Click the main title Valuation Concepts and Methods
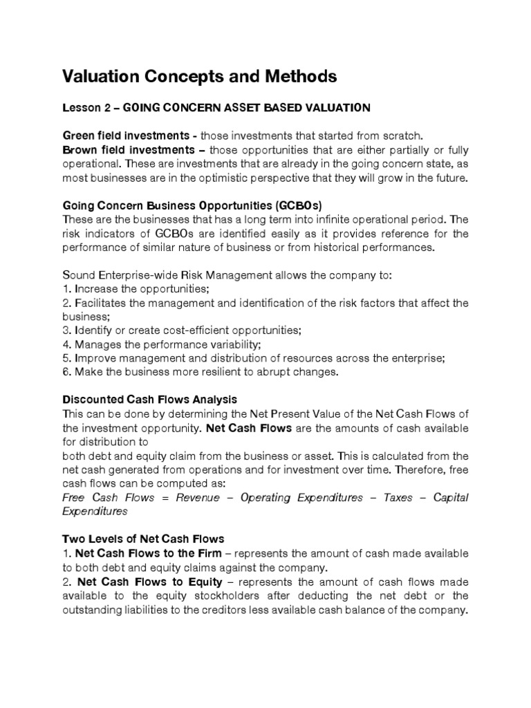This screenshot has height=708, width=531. [x=200, y=77]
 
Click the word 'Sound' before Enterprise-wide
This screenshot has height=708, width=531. [x=78, y=275]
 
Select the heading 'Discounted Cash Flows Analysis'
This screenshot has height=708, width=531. [x=150, y=400]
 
